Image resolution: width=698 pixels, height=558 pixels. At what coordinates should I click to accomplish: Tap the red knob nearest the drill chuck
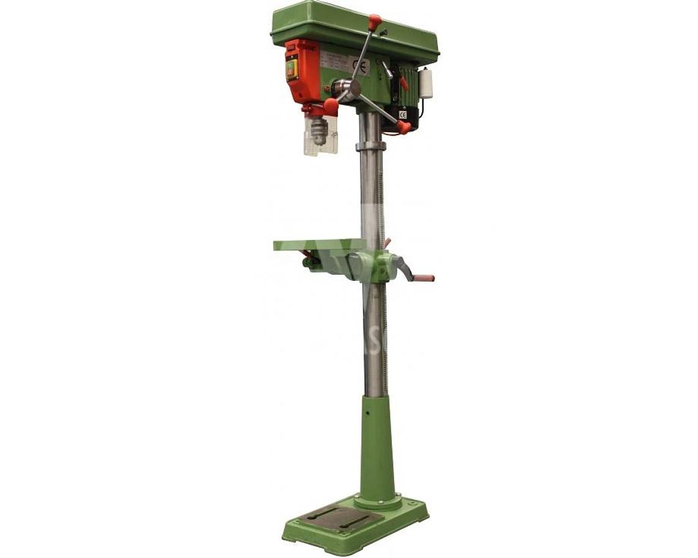point(331,106)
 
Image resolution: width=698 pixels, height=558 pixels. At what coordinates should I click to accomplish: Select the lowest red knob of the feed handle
point(404,127)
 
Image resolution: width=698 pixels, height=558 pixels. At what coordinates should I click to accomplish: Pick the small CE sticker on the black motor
point(403,115)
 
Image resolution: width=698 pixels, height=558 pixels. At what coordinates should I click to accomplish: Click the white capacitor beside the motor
point(426,83)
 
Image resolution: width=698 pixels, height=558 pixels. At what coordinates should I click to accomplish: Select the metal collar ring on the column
point(370,147)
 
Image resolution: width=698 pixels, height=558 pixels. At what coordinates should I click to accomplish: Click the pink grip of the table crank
point(424,278)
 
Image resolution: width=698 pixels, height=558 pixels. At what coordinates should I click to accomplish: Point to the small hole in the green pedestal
point(368,410)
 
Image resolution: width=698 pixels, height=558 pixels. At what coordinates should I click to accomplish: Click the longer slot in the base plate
point(320,514)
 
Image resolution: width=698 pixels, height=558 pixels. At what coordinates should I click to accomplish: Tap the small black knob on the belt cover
point(384,32)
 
